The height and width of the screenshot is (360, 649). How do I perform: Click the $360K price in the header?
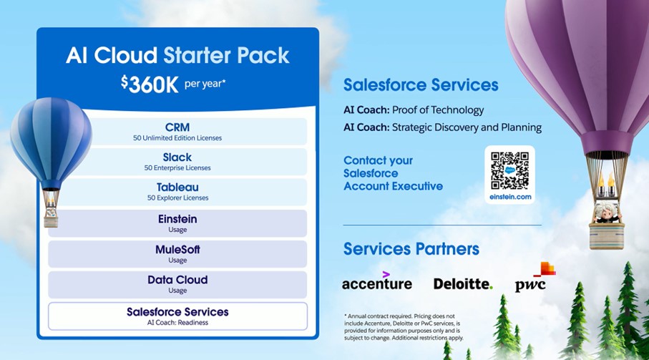[150, 84]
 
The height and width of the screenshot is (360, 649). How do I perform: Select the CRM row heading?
[177, 127]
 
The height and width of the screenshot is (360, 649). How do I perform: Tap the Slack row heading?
[177, 157]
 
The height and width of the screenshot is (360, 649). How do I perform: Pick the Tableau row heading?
[177, 187]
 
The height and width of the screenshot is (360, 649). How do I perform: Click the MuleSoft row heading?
[177, 250]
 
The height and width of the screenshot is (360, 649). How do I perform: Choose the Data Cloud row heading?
[177, 280]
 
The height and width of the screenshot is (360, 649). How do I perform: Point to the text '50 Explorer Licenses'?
[177, 198]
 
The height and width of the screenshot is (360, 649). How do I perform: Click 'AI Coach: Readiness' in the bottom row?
[177, 322]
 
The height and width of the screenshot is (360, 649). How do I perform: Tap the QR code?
[509, 170]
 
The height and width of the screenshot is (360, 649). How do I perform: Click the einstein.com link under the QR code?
[510, 197]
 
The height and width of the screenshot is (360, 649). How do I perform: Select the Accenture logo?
[377, 281]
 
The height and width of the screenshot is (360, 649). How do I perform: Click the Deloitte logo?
[463, 284]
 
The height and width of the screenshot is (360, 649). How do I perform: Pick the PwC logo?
[535, 277]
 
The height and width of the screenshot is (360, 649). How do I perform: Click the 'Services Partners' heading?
[411, 249]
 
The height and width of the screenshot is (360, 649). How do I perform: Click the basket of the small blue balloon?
[51, 218]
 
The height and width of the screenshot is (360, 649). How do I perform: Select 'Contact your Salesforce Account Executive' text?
[394, 173]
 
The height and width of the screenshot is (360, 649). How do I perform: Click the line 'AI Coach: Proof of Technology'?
[414, 110]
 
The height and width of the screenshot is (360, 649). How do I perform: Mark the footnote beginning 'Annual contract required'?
[404, 327]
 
